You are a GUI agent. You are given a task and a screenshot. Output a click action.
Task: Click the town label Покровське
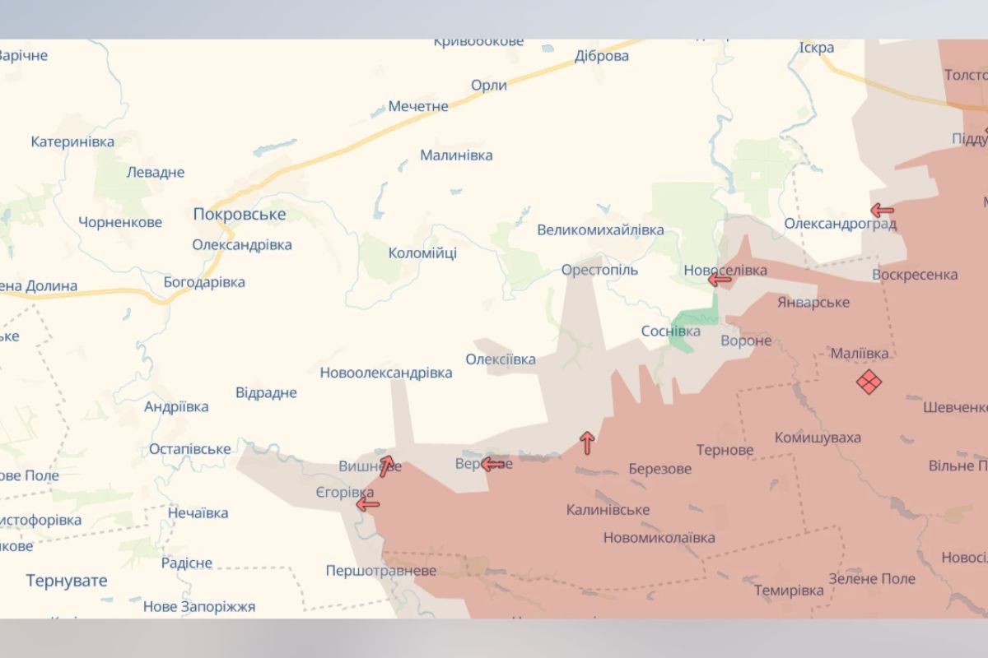coord(239,215)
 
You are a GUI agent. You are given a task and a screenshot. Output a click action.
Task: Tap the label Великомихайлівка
coord(600,230)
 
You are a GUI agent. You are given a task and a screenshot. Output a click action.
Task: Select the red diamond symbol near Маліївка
coord(869,382)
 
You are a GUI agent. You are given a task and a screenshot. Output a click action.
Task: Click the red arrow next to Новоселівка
coord(720,280)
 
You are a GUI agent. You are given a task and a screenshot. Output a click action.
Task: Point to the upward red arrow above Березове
coord(587,443)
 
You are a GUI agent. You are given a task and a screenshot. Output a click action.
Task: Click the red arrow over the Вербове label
coord(492,465)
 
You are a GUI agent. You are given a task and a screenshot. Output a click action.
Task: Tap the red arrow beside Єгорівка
coord(367,504)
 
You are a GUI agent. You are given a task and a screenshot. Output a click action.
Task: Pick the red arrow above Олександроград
coord(882,210)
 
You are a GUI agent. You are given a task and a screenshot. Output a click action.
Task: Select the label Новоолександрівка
coord(386,373)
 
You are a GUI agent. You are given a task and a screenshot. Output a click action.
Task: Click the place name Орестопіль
coord(599,270)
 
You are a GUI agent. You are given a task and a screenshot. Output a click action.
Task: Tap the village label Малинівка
coord(456,155)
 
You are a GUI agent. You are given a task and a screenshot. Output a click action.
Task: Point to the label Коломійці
coord(422,253)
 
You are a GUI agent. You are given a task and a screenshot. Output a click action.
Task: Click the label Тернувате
coord(67,581)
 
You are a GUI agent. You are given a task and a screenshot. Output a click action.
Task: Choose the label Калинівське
coord(608,510)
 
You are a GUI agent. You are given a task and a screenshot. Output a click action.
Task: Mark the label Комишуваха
coord(817,438)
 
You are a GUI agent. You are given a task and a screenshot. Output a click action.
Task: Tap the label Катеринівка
coord(72,141)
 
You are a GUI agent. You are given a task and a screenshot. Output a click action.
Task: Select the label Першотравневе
coord(380,571)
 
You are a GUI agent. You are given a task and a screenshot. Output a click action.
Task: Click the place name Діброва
coord(601,56)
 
